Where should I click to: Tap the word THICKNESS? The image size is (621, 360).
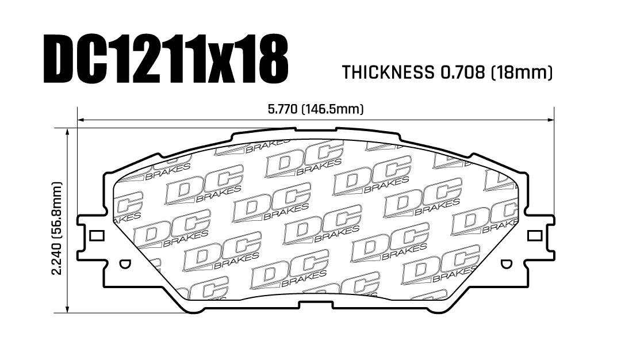[x=388, y=72]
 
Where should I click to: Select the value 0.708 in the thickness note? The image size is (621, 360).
[x=461, y=72]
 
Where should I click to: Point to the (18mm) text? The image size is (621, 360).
[x=521, y=72]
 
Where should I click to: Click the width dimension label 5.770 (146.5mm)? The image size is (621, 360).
[x=316, y=109]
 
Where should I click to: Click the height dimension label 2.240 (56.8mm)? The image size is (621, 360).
[x=57, y=228]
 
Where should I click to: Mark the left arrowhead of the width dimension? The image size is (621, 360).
[x=81, y=119]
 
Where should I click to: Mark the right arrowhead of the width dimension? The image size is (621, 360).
[x=550, y=119]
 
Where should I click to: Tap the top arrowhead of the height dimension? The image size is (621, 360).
[x=68, y=132]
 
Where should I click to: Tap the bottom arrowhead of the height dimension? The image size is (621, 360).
[x=68, y=309]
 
